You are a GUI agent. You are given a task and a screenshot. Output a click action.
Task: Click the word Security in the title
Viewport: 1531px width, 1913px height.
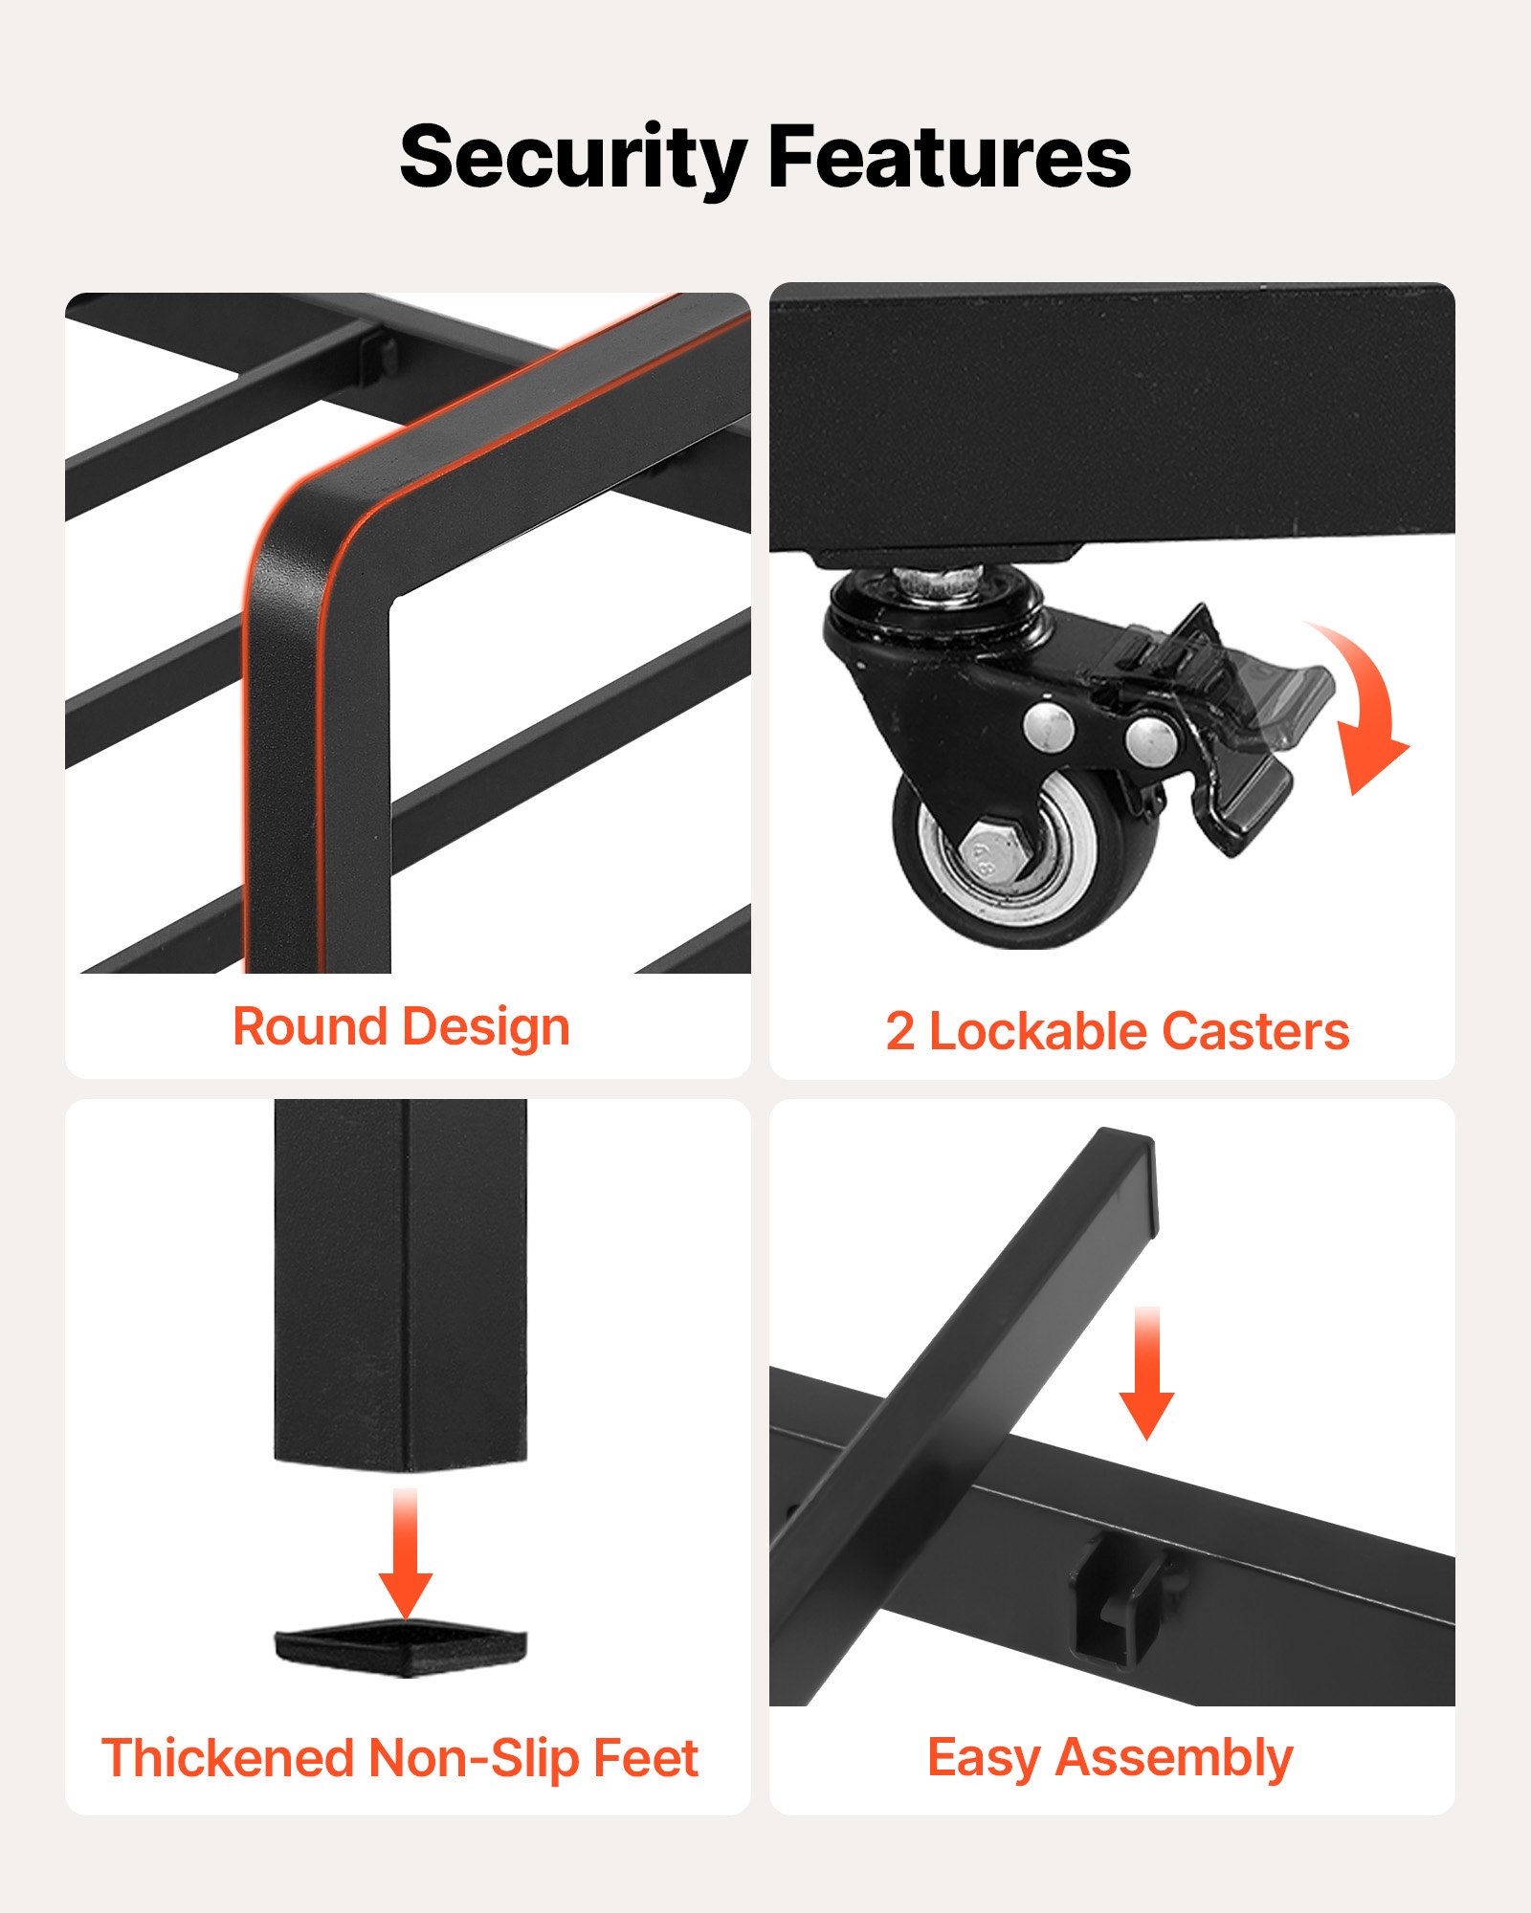573,159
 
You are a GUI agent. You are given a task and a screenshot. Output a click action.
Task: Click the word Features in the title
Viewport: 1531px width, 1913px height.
949,155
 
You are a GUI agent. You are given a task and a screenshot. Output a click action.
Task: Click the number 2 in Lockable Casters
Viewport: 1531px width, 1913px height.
899,1031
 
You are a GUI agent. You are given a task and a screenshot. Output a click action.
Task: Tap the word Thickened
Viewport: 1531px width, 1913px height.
229,1758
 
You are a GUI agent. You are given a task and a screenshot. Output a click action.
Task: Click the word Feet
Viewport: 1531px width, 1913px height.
646,1758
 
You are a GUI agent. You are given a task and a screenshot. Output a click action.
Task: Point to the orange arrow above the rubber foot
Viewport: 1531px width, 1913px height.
406,1551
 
